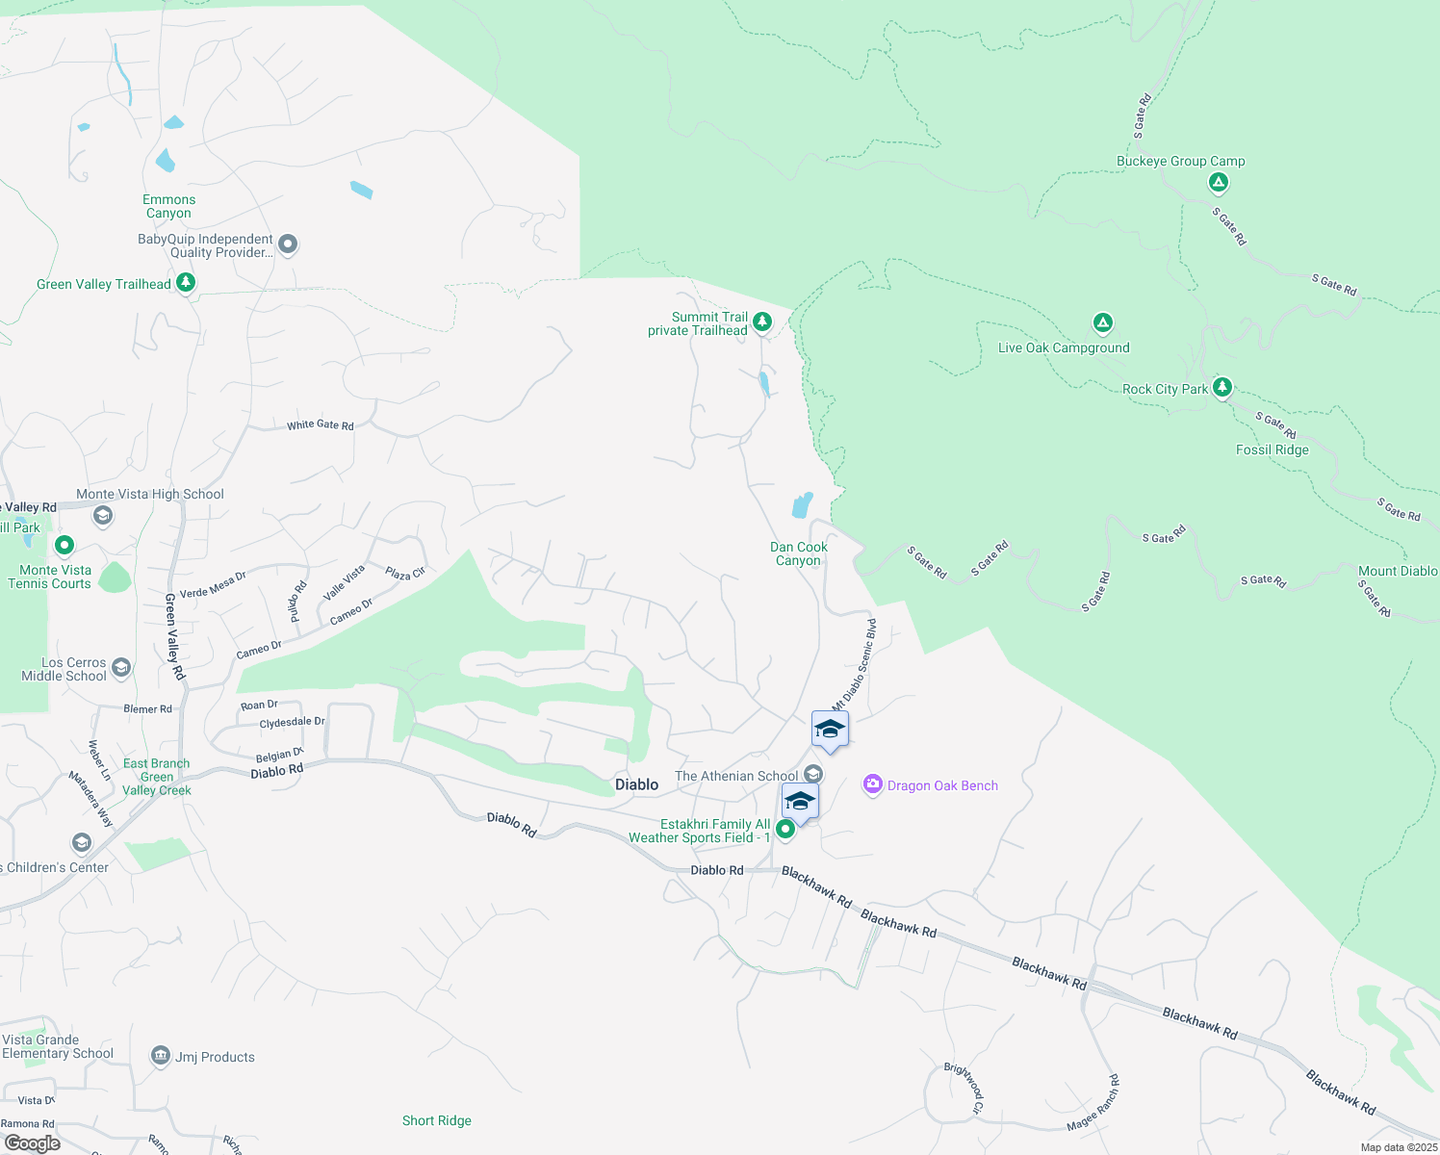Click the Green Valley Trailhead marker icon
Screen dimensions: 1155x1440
click(186, 283)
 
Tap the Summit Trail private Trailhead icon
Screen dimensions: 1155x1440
click(762, 321)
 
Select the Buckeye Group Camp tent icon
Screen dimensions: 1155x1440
click(1219, 182)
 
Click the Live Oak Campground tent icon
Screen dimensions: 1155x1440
click(1103, 322)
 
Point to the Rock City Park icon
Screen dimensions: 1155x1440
click(1222, 387)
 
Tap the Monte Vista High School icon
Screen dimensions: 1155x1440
click(103, 516)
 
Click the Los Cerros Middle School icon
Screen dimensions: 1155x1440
click(121, 668)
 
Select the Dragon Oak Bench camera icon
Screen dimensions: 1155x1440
click(873, 785)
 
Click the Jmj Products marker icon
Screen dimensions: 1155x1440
click(161, 1057)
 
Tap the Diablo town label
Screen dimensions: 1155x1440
click(637, 785)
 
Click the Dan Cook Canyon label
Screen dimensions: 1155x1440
click(799, 553)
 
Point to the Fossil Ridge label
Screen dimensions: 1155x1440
click(1273, 449)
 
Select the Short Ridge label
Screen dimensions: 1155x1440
click(437, 1120)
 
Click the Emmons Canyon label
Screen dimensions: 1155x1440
click(169, 206)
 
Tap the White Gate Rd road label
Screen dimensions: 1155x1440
click(321, 424)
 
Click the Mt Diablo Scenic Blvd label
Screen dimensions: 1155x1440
click(855, 665)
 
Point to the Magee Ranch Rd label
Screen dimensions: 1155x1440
click(1094, 1103)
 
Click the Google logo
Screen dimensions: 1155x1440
click(32, 1142)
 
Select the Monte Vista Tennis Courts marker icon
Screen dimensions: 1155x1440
click(64, 546)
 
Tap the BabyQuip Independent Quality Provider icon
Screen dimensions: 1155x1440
click(288, 244)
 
